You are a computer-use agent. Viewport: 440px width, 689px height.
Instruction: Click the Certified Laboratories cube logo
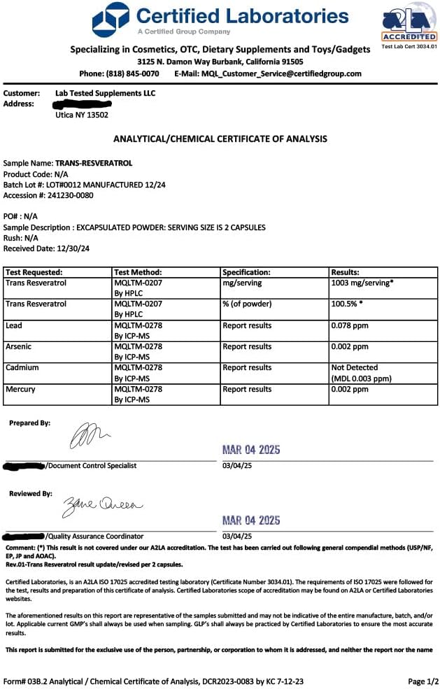click(111, 20)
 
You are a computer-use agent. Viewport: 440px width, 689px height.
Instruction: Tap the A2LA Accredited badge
click(409, 26)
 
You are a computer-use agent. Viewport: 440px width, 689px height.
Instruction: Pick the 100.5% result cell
click(348, 304)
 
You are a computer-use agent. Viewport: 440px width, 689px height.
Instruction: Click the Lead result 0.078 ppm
click(350, 325)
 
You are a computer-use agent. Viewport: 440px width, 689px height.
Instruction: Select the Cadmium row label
click(22, 367)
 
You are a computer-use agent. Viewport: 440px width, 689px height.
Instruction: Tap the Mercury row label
click(20, 389)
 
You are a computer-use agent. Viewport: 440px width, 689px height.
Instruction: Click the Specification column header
click(246, 272)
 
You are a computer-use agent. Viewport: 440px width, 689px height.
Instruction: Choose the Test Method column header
click(138, 272)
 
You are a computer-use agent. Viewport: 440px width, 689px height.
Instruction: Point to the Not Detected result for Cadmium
click(354, 367)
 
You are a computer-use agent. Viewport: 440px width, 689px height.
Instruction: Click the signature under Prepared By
click(90, 438)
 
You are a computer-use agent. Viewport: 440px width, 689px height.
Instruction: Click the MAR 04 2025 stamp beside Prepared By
click(250, 450)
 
